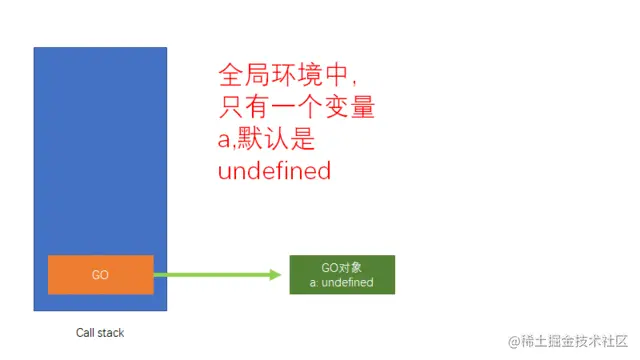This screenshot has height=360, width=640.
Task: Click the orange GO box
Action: click(x=100, y=275)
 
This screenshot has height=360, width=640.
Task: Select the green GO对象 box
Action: click(x=341, y=275)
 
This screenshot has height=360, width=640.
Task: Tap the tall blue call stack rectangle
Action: click(x=100, y=150)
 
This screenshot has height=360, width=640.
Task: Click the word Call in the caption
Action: click(x=86, y=333)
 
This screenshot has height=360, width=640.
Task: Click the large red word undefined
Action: click(x=274, y=171)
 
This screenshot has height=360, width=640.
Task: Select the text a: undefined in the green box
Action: click(x=341, y=283)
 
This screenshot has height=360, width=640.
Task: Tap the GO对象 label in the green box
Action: click(x=341, y=268)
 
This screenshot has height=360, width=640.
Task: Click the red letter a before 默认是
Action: click(x=225, y=140)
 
